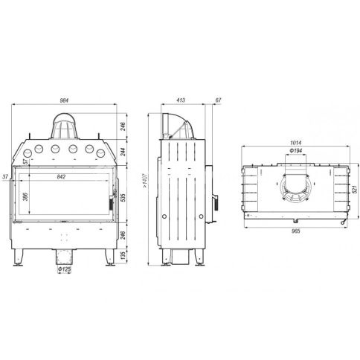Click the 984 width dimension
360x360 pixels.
[64, 100]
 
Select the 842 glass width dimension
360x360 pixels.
[61, 177]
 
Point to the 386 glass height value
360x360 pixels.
[25, 196]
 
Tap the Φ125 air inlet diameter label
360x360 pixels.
[64, 269]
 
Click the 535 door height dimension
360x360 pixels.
[123, 197]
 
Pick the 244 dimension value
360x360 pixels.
[123, 151]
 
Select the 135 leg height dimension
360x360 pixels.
[123, 255]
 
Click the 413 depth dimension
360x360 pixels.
[181, 100]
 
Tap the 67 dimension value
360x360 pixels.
[218, 100]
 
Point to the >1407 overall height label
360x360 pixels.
[145, 180]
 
